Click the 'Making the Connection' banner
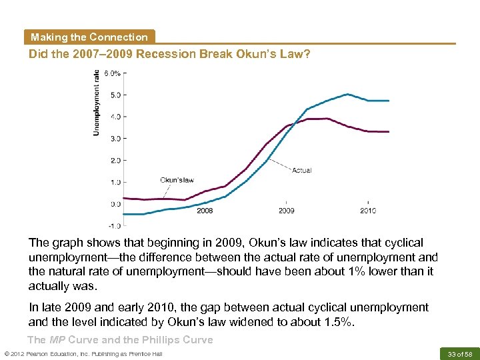tap(89, 37)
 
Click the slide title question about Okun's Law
tap(169, 54)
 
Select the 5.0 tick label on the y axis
tap(115, 95)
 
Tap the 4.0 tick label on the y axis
tap(115, 117)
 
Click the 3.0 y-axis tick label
tap(115, 139)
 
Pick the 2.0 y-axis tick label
tap(115, 161)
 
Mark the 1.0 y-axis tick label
tap(115, 182)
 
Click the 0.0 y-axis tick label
tap(115, 204)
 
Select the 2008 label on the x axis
tap(205, 211)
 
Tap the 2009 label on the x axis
tap(286, 211)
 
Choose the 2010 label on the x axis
tap(367, 211)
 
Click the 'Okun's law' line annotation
tap(177, 179)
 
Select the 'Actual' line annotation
tap(301, 170)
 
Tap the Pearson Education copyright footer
tap(83, 353)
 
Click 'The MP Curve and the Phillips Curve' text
tap(121, 340)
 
